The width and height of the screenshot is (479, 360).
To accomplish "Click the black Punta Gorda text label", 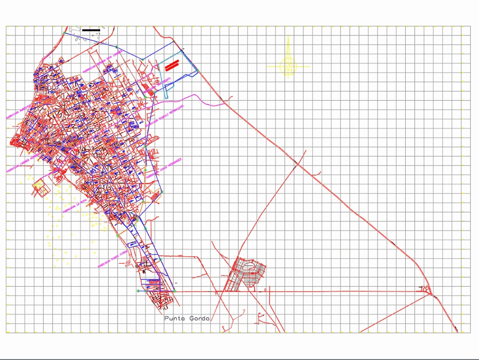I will point(187,318).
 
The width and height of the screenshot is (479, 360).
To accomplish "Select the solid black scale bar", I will point(91,30).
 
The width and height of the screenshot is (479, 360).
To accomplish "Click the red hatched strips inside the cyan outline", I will point(171,65).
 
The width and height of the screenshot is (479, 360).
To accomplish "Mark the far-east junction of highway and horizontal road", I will point(431,292).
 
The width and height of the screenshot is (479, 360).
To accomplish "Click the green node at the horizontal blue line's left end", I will point(138,291).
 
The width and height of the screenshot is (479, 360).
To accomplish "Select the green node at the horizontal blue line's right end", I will point(175,291).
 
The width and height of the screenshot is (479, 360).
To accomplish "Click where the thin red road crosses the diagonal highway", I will point(297,165).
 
